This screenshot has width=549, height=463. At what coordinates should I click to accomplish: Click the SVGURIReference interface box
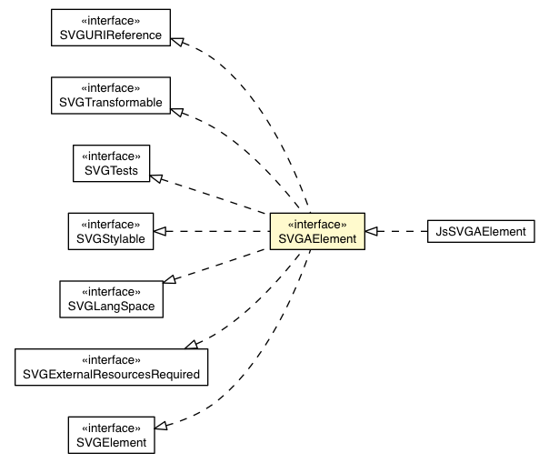coord(111,27)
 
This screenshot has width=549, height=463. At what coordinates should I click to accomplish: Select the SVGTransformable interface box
coord(111,95)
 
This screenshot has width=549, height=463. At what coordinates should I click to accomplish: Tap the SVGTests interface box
coord(111,162)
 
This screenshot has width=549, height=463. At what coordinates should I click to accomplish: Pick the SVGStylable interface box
coord(111,230)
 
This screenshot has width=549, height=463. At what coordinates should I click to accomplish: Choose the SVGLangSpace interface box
coord(111,298)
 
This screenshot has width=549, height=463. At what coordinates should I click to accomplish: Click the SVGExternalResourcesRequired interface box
coord(111,366)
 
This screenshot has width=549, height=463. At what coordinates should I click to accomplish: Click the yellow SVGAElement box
coord(316,230)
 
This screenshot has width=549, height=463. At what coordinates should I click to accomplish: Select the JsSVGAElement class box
coord(481,231)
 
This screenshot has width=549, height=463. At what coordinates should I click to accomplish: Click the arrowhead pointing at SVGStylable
coord(160,231)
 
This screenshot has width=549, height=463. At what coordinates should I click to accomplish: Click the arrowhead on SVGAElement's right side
coord(373,231)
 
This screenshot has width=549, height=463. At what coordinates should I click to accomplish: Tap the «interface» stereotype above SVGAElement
coord(316,223)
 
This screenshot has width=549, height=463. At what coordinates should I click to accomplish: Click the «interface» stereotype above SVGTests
coord(111,155)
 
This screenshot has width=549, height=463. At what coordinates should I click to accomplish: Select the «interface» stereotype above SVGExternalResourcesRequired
coord(111,358)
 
